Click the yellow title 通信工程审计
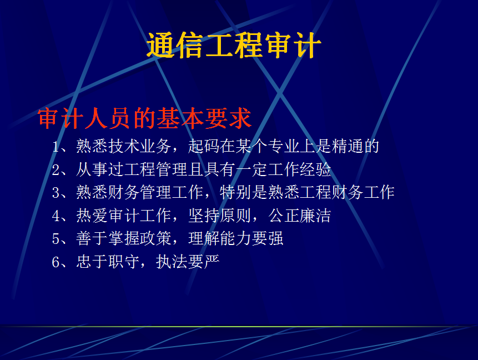coord(234,46)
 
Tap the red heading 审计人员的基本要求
coord(144,118)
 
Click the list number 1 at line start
coord(56,147)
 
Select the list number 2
coord(56,170)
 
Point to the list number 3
coord(56,193)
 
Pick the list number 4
coord(56,216)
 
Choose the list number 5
coord(56,239)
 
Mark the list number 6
coord(56,262)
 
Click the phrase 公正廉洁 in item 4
coord(300,216)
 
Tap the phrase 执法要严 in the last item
coord(188,262)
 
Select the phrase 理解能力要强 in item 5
coord(235,238)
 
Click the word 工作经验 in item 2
coord(300,169)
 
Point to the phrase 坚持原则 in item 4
coord(220,216)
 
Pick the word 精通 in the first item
coord(347,147)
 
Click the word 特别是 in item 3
coord(243,193)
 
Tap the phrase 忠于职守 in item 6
coord(108,262)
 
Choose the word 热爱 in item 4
coord(92,216)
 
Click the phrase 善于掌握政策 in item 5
coord(124,238)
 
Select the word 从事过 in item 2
coord(100,169)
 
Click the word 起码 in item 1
coord(204,147)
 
